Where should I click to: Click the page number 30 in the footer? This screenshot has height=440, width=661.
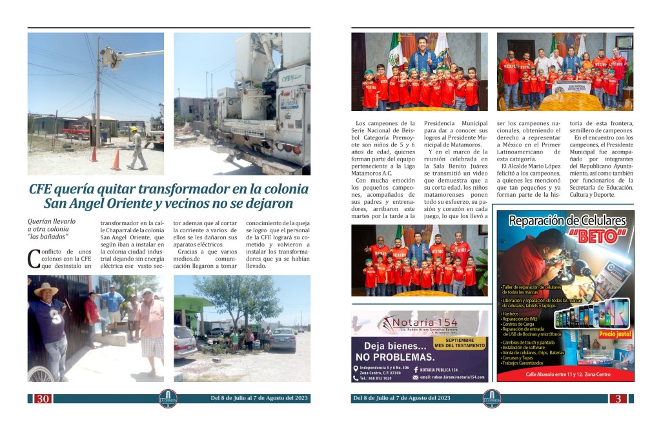pyautogui.click(x=43, y=399)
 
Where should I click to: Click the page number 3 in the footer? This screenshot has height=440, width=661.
pyautogui.click(x=618, y=399)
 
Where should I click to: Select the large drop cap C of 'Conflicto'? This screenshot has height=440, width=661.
pyautogui.click(x=34, y=257)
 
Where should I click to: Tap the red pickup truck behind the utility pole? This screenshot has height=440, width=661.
pyautogui.click(x=76, y=132)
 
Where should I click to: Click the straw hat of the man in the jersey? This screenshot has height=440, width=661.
pyautogui.click(x=46, y=288)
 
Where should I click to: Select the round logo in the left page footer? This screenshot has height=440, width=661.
pyautogui.click(x=168, y=399)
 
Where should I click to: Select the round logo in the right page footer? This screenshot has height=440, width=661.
pyautogui.click(x=491, y=399)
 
